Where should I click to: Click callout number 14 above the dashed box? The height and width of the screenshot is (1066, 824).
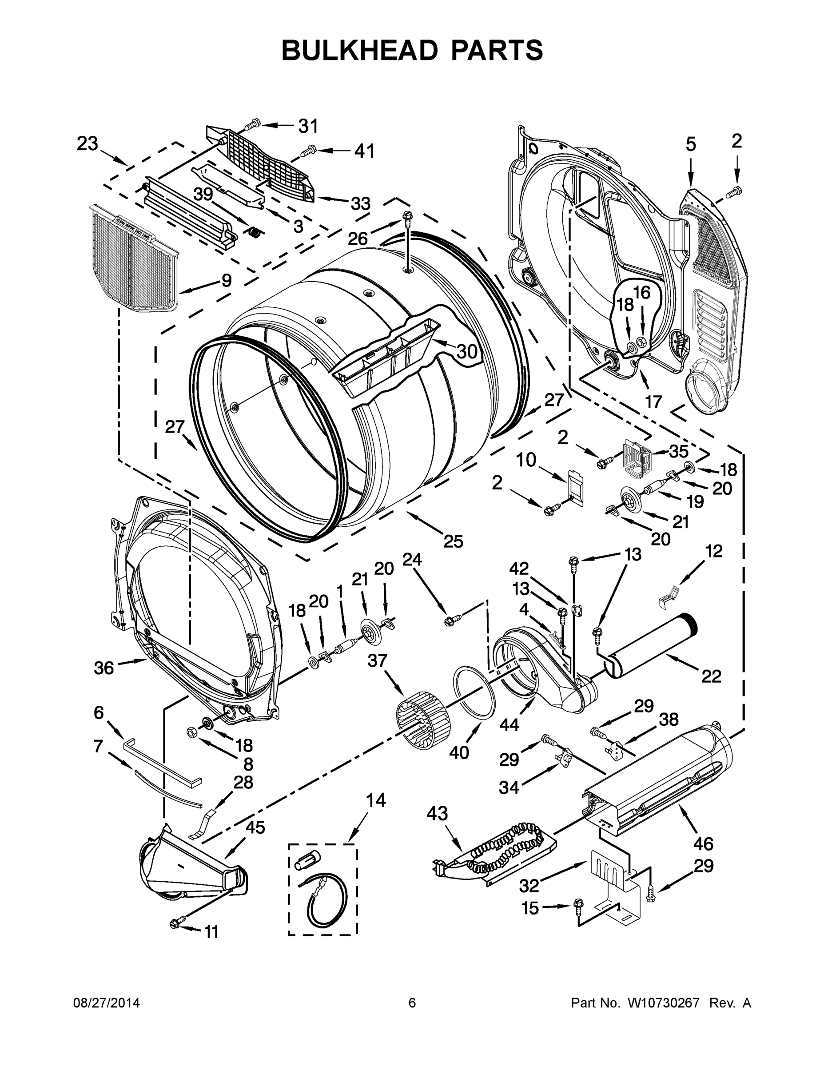point(376,800)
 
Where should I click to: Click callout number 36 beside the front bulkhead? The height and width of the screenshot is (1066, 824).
point(103,668)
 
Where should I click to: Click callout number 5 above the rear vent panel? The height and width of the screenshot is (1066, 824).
point(690,144)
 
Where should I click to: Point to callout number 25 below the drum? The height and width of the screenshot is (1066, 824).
point(453,541)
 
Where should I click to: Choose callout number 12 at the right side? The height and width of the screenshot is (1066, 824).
point(713,551)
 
